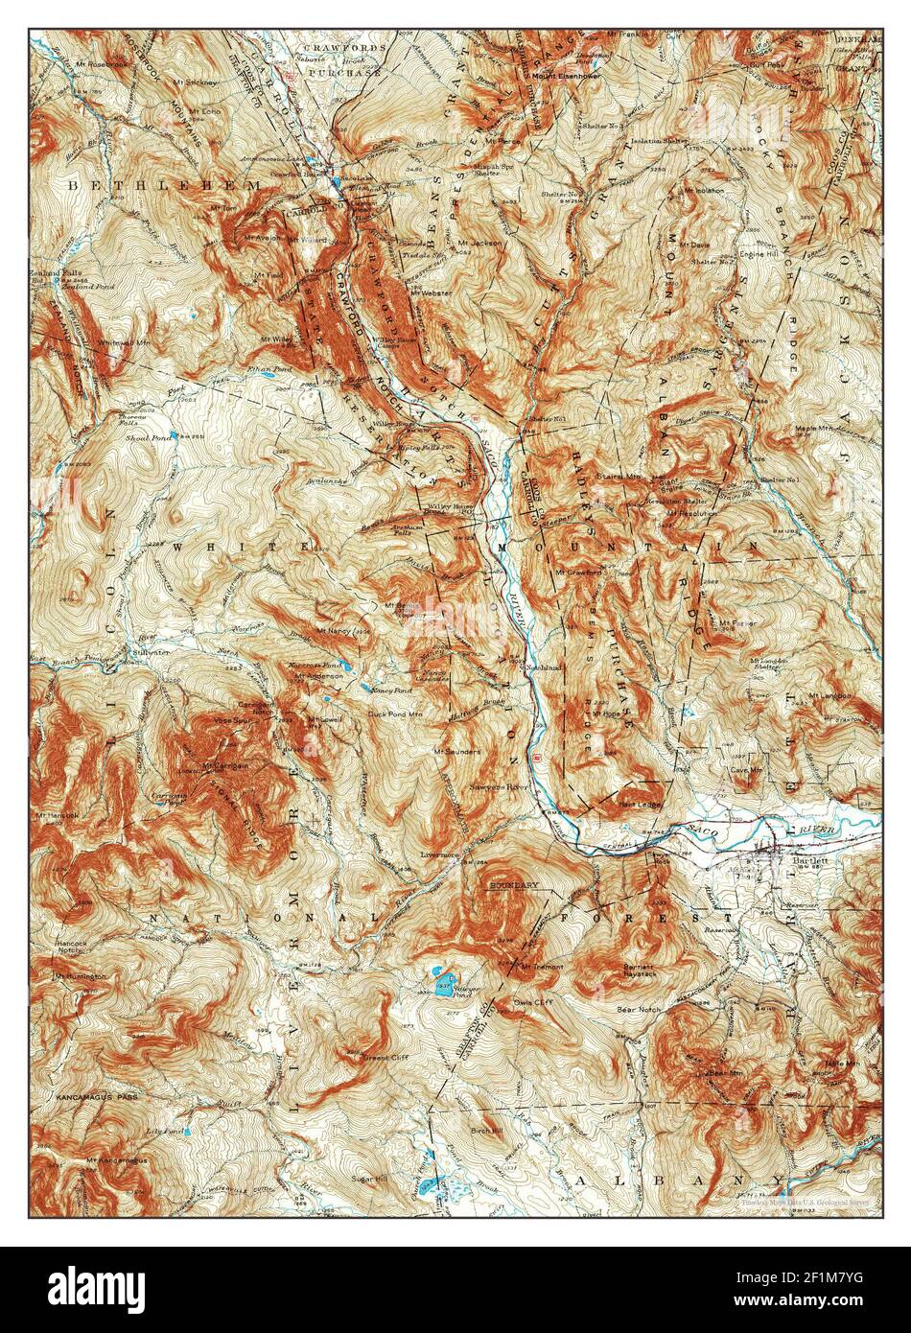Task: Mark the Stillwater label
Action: point(140,650)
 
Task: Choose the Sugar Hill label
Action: point(368,1177)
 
